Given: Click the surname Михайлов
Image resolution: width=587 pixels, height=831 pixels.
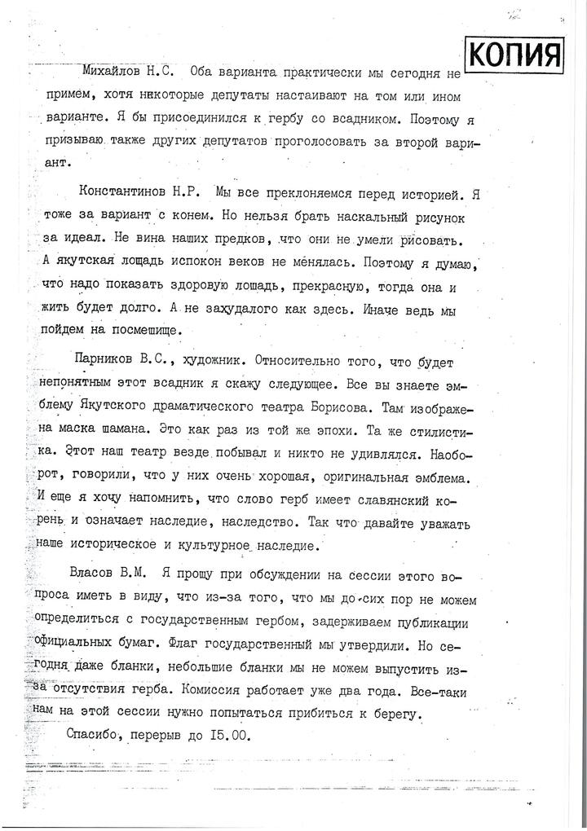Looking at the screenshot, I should point(116,73).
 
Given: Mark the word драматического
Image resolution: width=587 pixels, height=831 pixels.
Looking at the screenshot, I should point(254,405).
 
